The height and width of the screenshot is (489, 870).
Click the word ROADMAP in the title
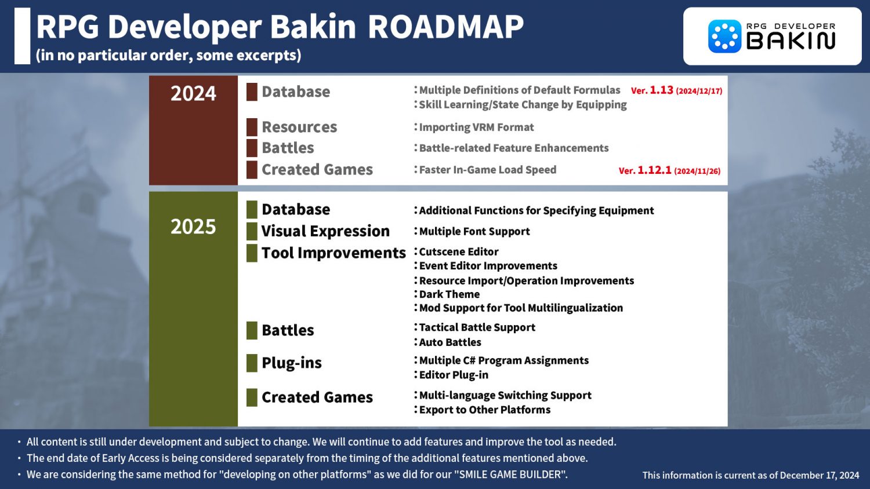445,27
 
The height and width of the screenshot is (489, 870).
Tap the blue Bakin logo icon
725,36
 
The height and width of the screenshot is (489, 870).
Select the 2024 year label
193,93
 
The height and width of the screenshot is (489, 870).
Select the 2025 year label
193,227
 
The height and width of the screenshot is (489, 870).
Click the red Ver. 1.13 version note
676,90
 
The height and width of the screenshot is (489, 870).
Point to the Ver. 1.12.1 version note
669,170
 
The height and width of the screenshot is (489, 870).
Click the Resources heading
299,127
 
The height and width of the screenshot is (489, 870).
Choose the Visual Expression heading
325,231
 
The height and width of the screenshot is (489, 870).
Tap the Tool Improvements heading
333,253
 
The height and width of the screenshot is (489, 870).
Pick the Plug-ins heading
292,363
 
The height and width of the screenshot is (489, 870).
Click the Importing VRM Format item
476,127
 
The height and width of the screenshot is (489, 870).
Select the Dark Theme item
449,294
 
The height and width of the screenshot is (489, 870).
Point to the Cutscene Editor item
459,251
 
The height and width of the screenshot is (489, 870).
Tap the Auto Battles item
450,342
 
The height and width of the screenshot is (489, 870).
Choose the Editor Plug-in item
454,375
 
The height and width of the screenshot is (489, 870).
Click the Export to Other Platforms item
485,410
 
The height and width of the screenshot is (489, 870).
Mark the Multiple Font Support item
474,231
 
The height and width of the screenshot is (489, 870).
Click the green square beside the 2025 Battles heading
252,330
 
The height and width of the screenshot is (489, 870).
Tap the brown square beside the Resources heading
252,127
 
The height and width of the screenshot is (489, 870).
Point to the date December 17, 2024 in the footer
820,476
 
